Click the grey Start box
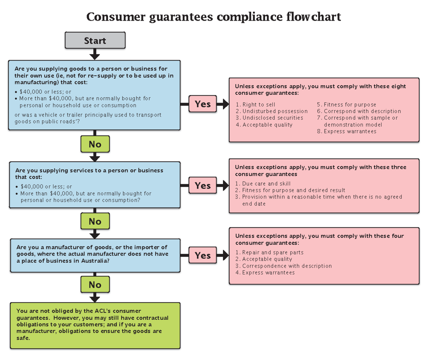(x=95, y=40)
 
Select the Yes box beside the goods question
(x=203, y=104)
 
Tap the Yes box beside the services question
(x=203, y=185)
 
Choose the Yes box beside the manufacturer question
(x=203, y=255)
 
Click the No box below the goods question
(x=95, y=144)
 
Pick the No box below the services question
(x=95, y=221)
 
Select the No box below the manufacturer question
(x=95, y=285)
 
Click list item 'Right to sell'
(x=259, y=104)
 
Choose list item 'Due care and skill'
(x=266, y=184)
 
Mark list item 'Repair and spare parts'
(x=272, y=252)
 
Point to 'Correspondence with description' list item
(x=287, y=266)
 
